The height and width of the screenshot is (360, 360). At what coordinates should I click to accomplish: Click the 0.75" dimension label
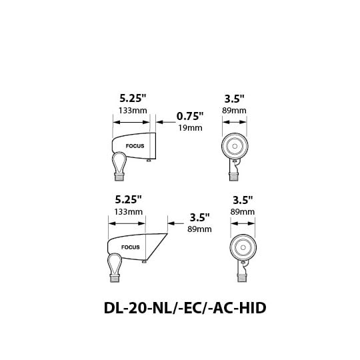(x=190, y=116)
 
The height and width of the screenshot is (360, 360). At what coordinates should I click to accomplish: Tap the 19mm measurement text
(x=190, y=128)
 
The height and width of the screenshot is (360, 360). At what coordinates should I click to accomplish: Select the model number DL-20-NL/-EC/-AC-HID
(x=185, y=308)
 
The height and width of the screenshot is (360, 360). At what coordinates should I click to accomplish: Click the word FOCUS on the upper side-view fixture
(x=135, y=146)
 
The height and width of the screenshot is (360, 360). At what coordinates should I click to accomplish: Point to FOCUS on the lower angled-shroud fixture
(x=131, y=247)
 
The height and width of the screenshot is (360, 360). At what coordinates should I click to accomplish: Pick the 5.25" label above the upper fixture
(x=133, y=98)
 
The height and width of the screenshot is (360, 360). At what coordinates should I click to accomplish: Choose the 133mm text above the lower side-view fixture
(x=129, y=212)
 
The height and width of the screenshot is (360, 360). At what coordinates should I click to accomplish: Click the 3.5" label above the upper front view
(x=234, y=99)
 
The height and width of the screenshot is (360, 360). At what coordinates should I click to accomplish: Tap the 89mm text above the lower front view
(x=243, y=212)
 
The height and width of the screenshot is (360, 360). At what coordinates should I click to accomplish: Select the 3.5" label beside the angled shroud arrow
(x=200, y=217)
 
